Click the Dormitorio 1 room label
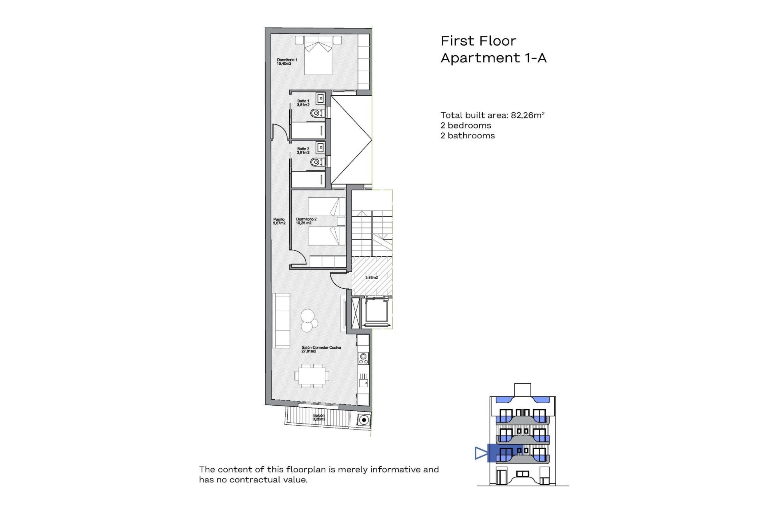(287, 62)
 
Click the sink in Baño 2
(320, 147)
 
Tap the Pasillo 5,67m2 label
(279, 221)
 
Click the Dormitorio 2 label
(306, 221)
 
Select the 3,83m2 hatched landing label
(371, 277)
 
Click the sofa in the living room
(281, 320)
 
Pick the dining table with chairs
(312, 376)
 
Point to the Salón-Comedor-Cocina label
(321, 349)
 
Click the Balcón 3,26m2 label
(319, 417)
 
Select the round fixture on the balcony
(364, 420)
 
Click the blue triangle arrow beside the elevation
(481, 453)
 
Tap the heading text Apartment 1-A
(493, 58)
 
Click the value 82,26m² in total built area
(528, 115)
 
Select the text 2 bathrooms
(467, 136)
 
